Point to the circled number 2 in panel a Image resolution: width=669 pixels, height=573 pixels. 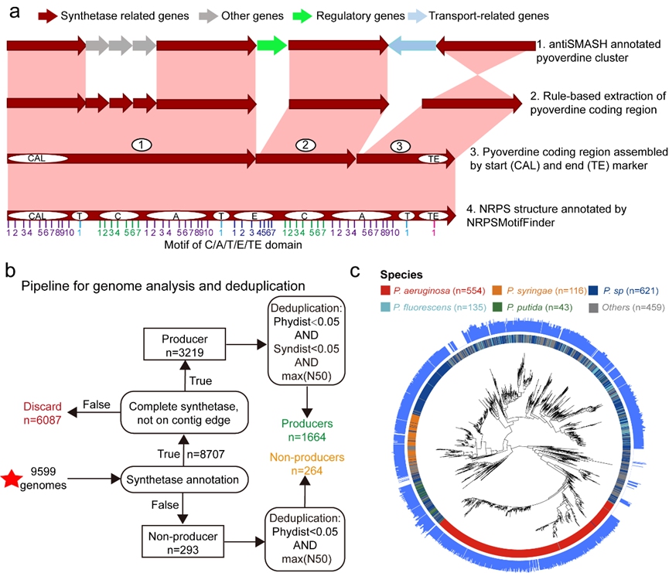[305, 145]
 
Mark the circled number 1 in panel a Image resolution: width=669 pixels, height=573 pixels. [140, 145]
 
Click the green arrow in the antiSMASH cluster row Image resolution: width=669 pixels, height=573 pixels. [272, 46]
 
